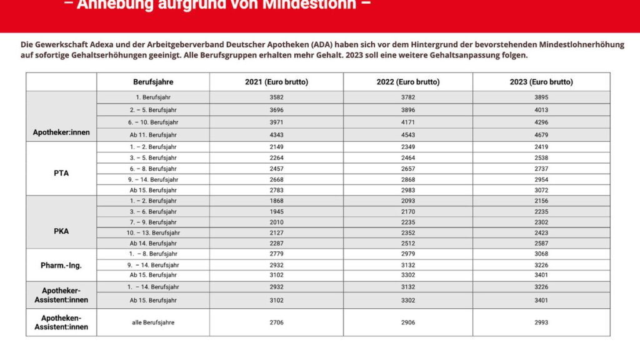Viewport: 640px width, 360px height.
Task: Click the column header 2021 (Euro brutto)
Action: click(276, 82)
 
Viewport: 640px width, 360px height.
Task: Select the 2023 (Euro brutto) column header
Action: click(541, 82)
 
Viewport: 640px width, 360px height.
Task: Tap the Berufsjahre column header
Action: click(153, 82)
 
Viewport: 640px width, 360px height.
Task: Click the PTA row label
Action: click(61, 173)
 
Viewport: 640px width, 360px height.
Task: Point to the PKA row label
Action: click(61, 231)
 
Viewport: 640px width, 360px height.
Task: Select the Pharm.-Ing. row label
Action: click(61, 265)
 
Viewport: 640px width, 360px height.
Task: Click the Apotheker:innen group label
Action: click(61, 132)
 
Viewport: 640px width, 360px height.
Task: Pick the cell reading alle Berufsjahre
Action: click(153, 322)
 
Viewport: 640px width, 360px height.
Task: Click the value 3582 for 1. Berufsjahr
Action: click(276, 97)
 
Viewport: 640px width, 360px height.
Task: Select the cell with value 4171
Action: click(407, 122)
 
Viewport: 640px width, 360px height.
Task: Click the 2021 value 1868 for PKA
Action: click(276, 201)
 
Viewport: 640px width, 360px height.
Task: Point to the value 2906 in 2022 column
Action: click(407, 322)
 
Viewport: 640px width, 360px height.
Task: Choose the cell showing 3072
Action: click(541, 190)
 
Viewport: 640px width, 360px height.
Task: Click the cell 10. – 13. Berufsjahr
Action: click(153, 232)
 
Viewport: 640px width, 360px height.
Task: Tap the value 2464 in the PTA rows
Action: click(407, 158)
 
